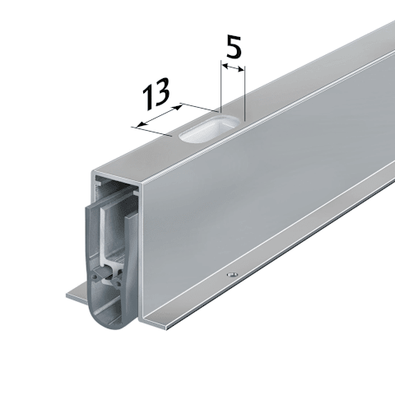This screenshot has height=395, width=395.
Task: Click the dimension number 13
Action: click(x=156, y=94)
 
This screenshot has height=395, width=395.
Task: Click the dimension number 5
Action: click(x=234, y=47)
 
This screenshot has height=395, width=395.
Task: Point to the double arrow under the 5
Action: click(x=233, y=67)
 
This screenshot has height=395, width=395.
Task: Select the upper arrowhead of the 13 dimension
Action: click(x=178, y=107)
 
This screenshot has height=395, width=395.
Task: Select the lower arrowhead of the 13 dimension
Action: click(x=141, y=124)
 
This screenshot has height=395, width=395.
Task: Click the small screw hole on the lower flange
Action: click(x=232, y=274)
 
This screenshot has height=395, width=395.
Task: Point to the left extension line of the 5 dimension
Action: click(x=221, y=86)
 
